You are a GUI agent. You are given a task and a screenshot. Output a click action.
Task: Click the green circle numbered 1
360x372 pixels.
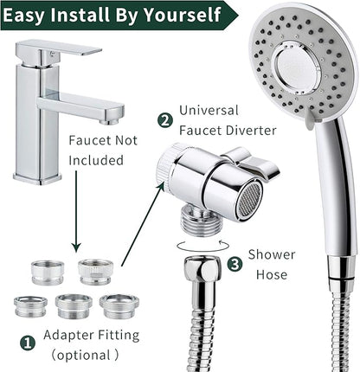[x=27, y=343]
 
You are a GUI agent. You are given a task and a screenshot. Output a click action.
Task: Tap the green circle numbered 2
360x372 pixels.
[x=165, y=120]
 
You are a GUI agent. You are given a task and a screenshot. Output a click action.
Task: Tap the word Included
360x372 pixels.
[x=94, y=160]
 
